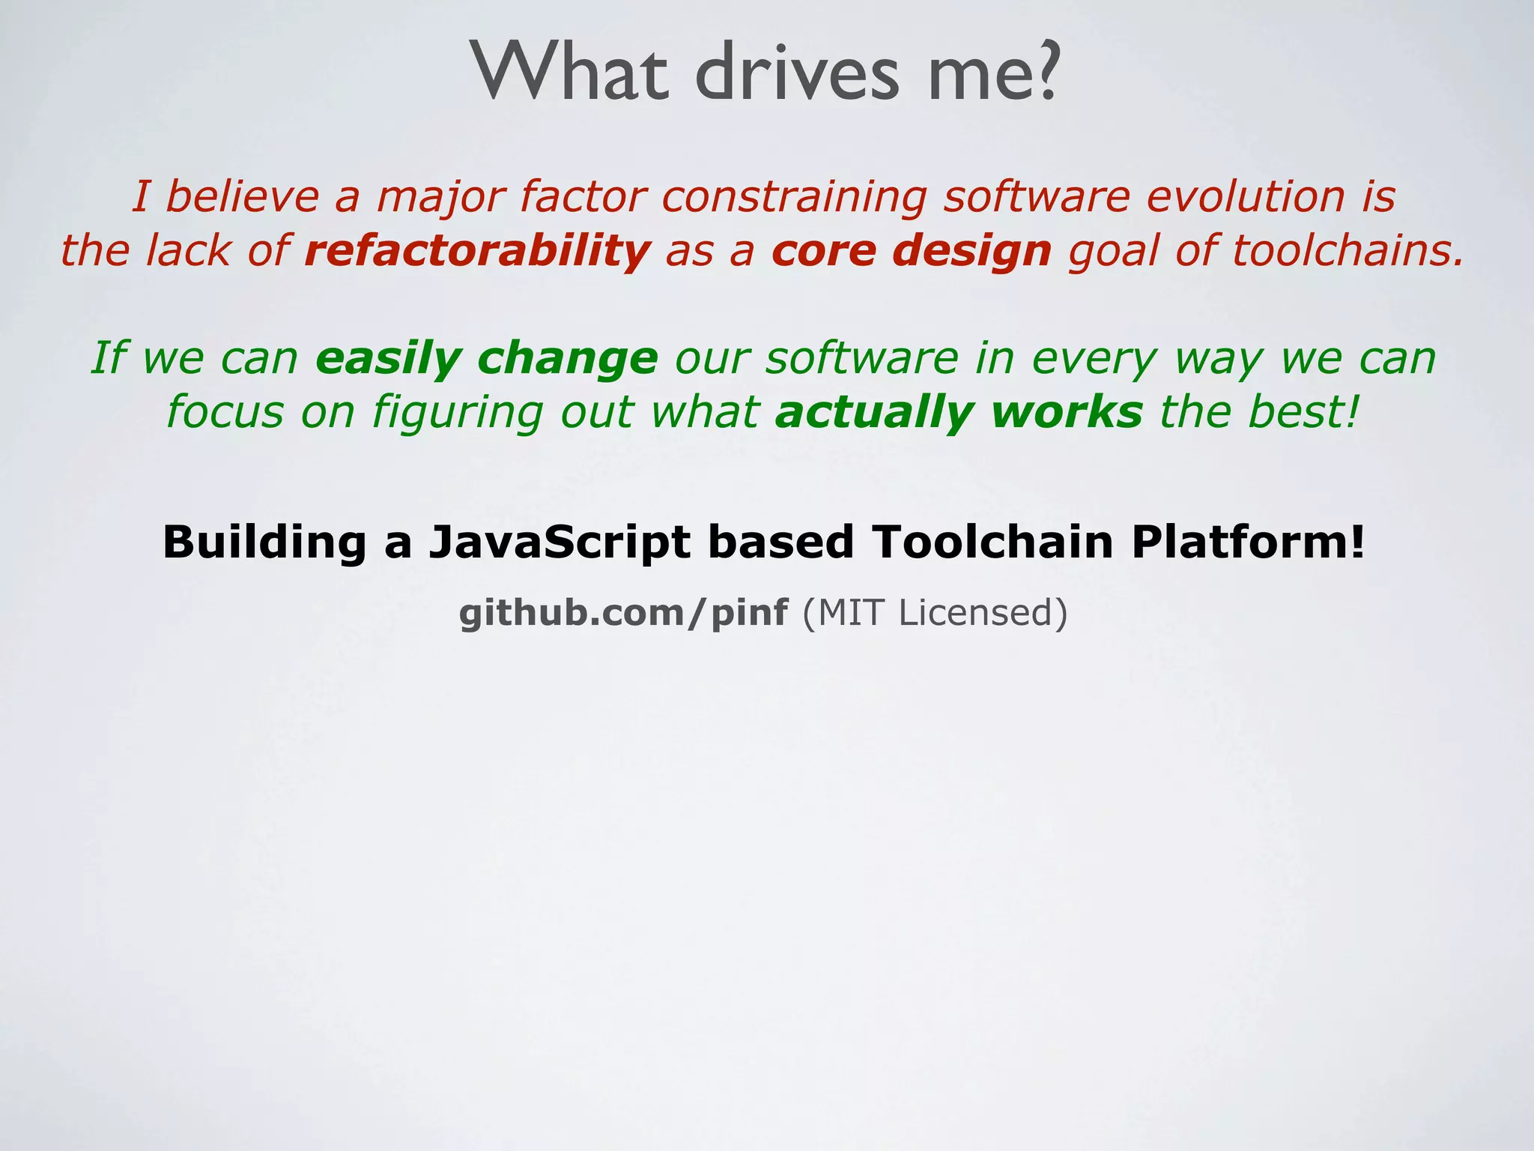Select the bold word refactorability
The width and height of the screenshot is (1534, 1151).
477,250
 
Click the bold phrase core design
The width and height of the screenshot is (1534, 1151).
911,250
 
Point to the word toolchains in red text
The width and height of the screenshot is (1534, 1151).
1346,250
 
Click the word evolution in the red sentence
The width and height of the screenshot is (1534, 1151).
1245,197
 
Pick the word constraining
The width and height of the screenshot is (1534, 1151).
793,197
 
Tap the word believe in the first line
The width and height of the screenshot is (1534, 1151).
241,197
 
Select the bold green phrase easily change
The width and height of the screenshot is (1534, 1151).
486,358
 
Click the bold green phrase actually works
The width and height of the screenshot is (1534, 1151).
959,412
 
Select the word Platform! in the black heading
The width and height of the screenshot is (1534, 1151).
1248,543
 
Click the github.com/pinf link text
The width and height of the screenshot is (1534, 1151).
623,613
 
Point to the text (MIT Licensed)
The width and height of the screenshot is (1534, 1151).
934,613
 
